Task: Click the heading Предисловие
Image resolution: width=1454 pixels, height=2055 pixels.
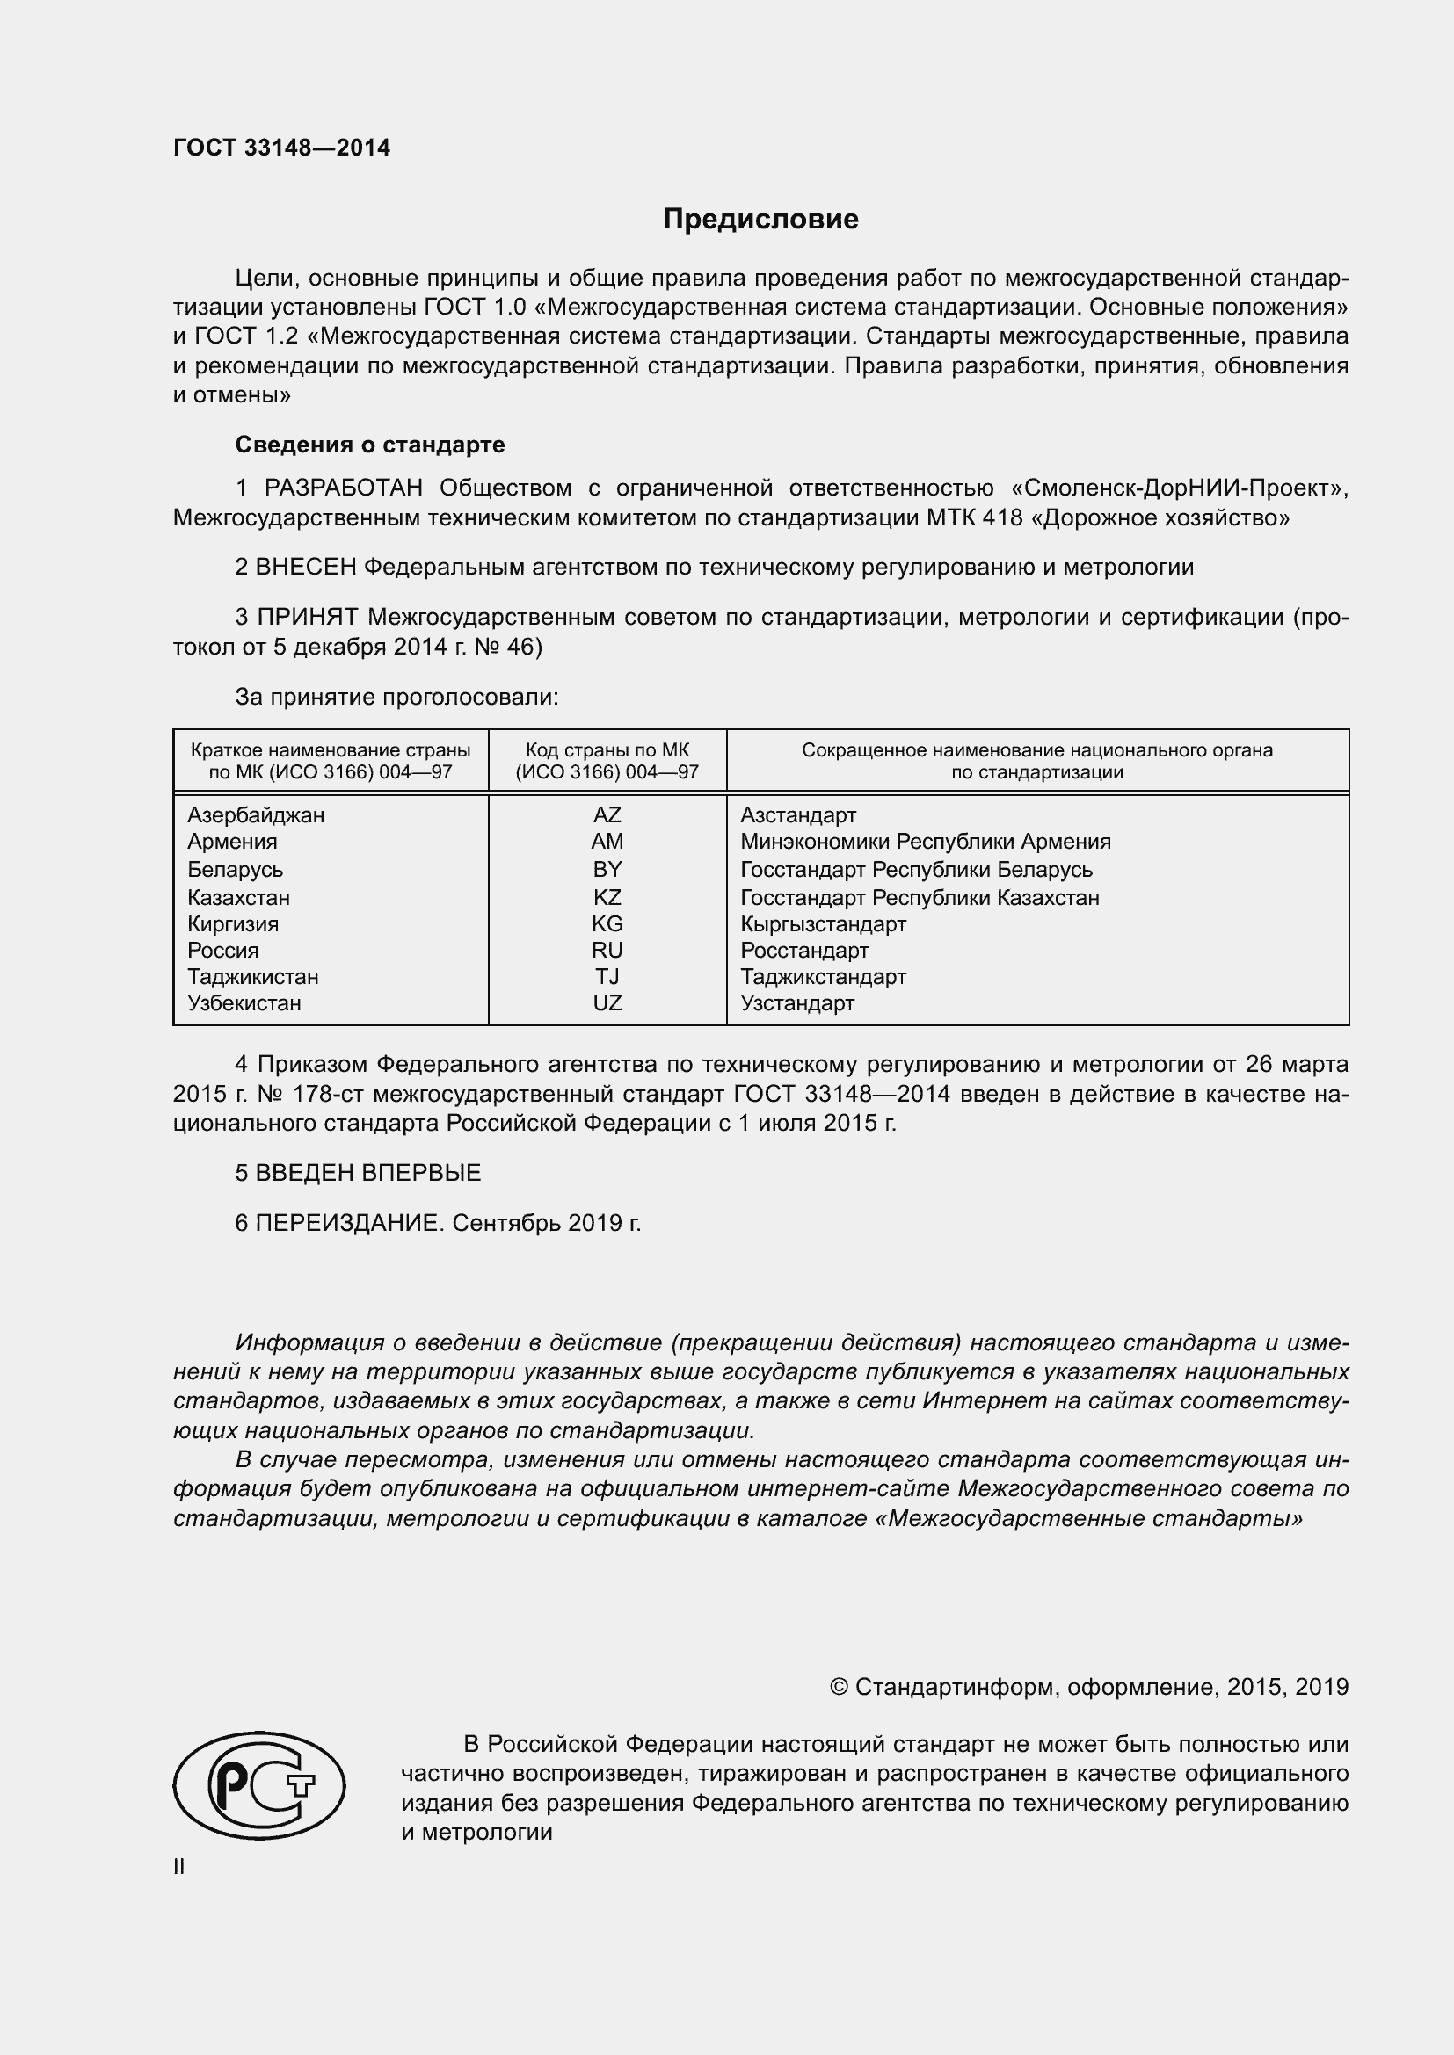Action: click(x=760, y=220)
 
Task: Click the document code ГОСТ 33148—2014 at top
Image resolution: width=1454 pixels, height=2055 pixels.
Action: click(x=281, y=148)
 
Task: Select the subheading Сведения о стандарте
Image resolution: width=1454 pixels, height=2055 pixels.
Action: click(x=370, y=445)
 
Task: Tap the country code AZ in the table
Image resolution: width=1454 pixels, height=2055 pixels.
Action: click(x=607, y=815)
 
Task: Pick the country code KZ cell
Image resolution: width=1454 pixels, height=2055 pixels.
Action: click(x=607, y=898)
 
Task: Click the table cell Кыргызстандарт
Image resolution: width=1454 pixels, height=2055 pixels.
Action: click(x=823, y=923)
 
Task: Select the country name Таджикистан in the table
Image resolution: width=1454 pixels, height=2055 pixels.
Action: click(x=252, y=977)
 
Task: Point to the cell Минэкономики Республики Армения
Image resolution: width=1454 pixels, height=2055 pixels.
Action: click(x=925, y=843)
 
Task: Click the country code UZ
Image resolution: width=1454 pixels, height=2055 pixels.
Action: click(x=607, y=1003)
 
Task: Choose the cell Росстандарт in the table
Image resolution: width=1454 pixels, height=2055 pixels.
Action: click(x=804, y=951)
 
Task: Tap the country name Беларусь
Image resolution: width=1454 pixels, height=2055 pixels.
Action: click(x=235, y=870)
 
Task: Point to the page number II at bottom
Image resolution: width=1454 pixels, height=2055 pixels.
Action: click(x=179, y=1867)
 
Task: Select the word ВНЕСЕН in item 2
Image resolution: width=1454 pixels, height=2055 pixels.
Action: click(x=306, y=568)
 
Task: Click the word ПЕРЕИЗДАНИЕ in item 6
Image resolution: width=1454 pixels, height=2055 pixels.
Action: click(x=349, y=1224)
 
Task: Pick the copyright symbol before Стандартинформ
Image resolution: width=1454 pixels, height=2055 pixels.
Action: click(x=839, y=1688)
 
